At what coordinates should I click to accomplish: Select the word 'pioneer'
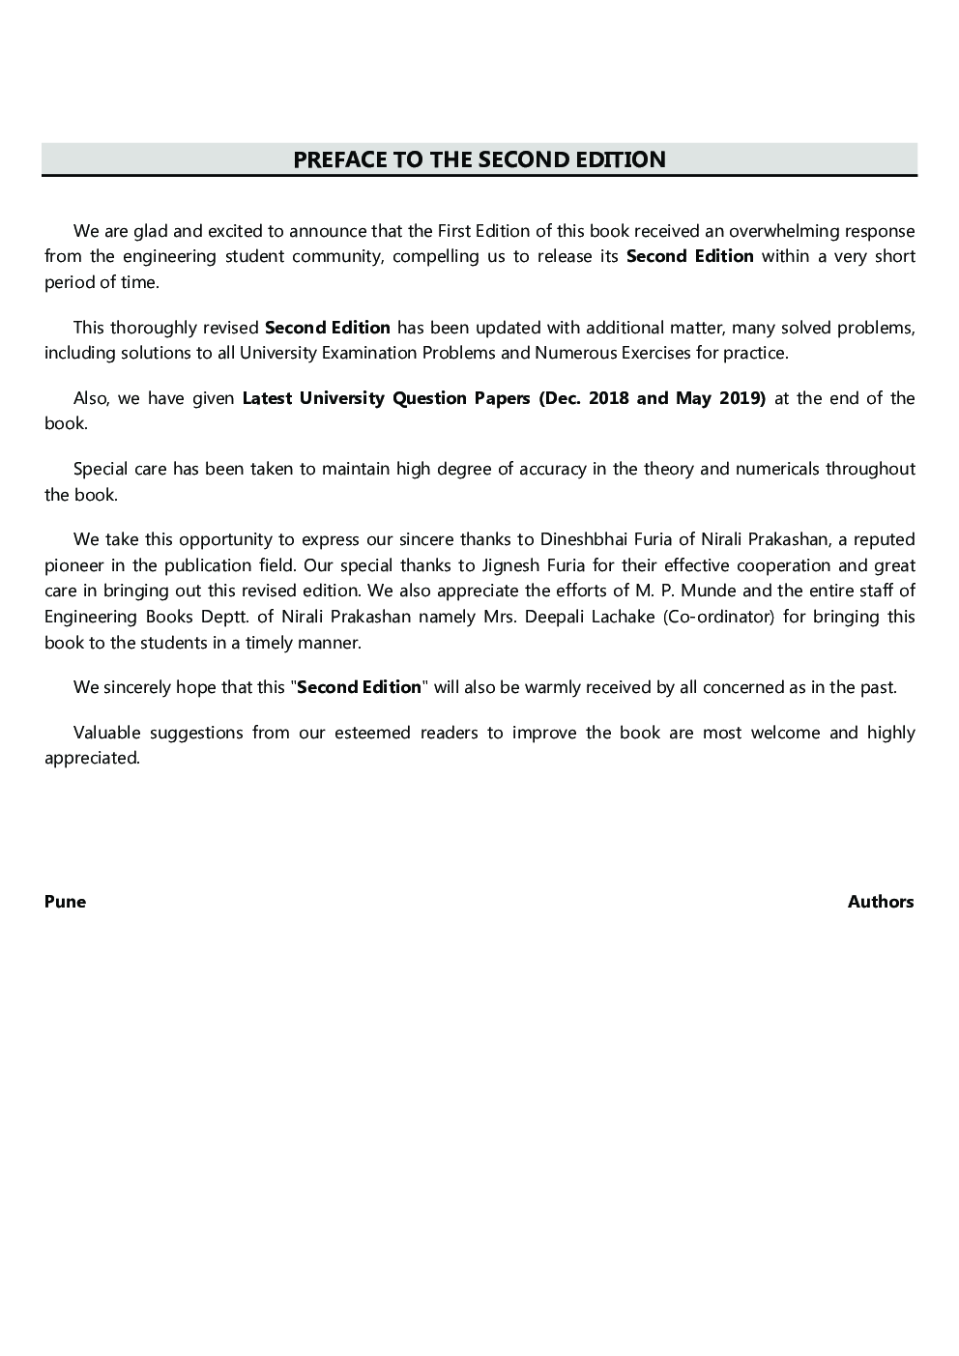pos(73,565)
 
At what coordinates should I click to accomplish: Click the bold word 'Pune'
pos(65,902)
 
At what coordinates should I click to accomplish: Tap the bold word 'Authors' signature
pos(881,902)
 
